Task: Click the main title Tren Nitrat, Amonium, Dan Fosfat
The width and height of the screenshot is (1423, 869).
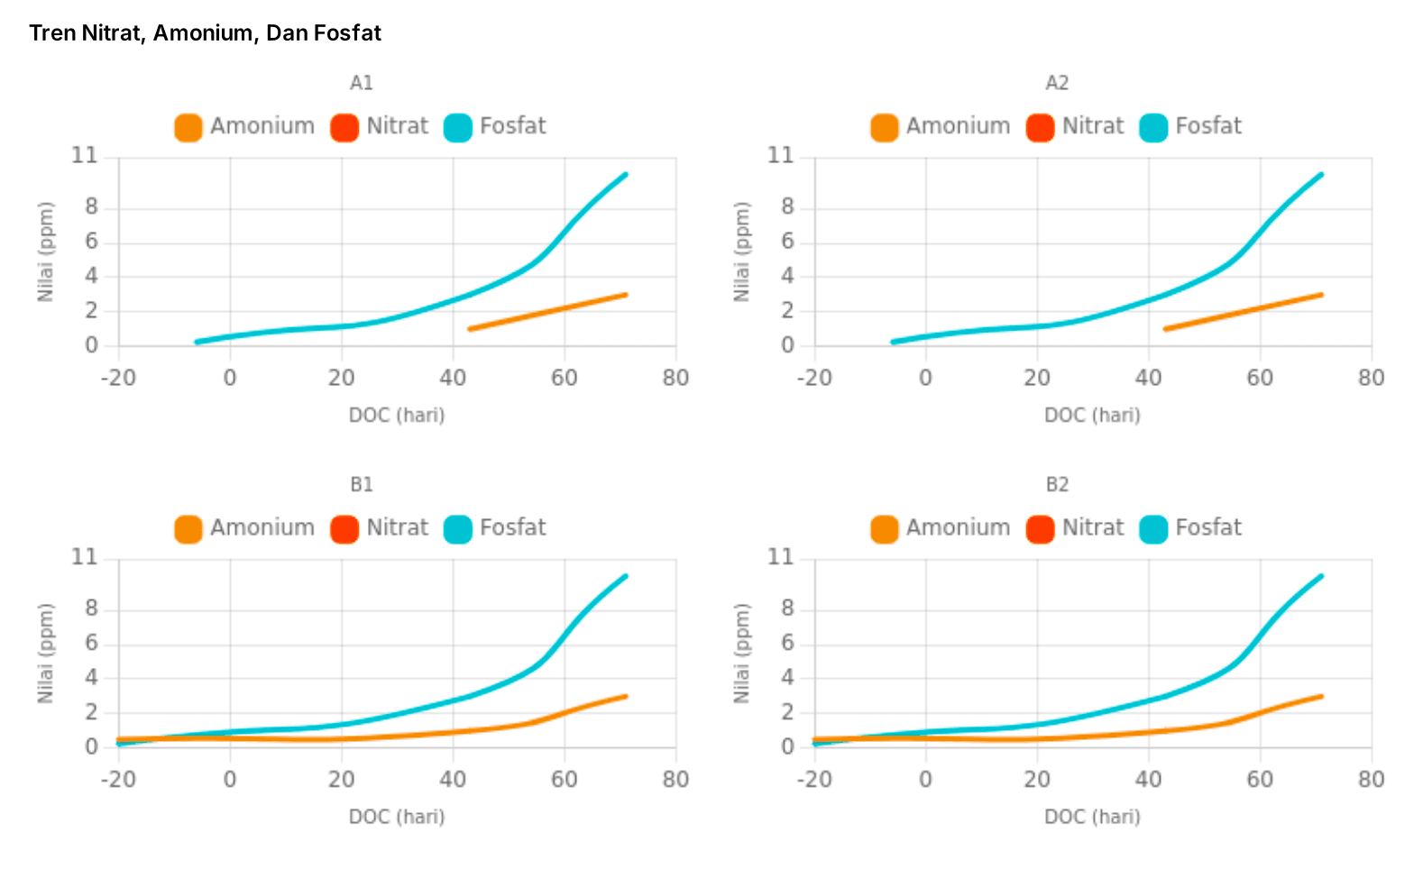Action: click(x=205, y=33)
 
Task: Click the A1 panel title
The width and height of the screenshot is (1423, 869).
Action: click(x=361, y=83)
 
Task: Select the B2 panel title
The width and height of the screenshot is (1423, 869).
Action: click(x=1057, y=485)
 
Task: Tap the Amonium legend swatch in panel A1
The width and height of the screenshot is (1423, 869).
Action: click(x=188, y=127)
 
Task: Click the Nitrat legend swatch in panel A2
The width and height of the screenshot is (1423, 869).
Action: click(x=1040, y=127)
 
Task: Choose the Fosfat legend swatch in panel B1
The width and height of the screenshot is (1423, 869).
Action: click(x=458, y=529)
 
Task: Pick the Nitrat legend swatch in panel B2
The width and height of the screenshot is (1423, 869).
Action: click(x=1040, y=529)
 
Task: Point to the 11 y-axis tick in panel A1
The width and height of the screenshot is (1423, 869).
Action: click(x=85, y=156)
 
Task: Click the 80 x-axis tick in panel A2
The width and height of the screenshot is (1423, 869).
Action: click(x=1371, y=378)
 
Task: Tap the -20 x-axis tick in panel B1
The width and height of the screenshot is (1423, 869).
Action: click(x=118, y=780)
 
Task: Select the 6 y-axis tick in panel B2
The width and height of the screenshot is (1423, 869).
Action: click(x=788, y=643)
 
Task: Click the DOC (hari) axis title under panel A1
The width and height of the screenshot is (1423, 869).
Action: click(x=397, y=416)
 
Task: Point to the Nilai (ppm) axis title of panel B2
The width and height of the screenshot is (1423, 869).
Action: click(x=741, y=654)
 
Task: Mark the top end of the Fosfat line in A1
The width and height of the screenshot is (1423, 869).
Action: click(x=625, y=175)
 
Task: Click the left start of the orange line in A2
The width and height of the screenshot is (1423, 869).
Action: click(x=1166, y=329)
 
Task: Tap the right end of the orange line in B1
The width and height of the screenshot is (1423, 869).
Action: click(x=625, y=696)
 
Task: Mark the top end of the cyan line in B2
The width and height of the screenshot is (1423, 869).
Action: click(x=1321, y=576)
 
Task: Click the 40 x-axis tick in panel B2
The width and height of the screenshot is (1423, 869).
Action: click(x=1148, y=780)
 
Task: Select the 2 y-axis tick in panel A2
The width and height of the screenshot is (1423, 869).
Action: click(x=788, y=311)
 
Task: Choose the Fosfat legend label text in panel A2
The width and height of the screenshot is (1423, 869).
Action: click(x=1208, y=126)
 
